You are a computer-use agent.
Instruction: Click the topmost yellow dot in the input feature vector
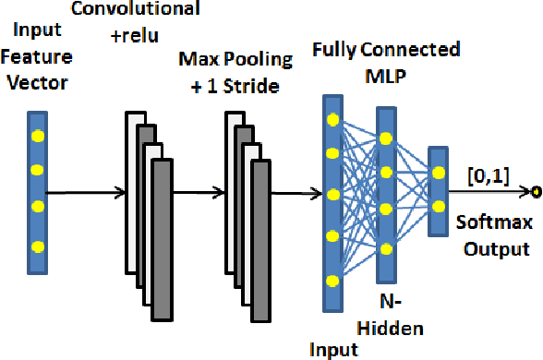pos(37,137)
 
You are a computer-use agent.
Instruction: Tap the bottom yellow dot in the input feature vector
pos(37,246)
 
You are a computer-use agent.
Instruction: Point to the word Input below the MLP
pos(332,348)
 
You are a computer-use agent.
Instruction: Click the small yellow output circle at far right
pos(535,192)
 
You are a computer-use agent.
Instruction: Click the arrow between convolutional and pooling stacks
pos(198,193)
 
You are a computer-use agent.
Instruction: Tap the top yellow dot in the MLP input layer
pos(331,121)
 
